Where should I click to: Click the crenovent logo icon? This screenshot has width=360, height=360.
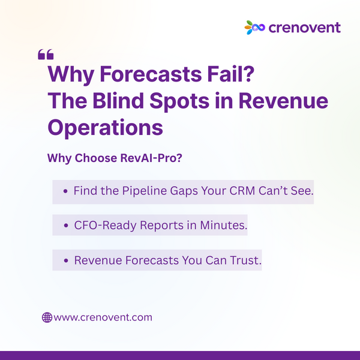pyautogui.click(x=254, y=28)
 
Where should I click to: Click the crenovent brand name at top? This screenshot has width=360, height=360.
pyautogui.click(x=304, y=28)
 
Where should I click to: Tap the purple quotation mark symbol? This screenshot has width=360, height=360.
pyautogui.click(x=46, y=55)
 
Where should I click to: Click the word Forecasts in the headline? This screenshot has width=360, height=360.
pyautogui.click(x=151, y=74)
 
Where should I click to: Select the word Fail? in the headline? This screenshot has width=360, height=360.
pyautogui.click(x=231, y=74)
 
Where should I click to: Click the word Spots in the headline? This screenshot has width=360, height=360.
pyautogui.click(x=179, y=101)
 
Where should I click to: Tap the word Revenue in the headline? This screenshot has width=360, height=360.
pyautogui.click(x=283, y=101)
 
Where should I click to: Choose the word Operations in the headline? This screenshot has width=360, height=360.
pyautogui.click(x=106, y=128)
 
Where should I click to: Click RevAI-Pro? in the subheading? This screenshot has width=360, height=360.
pyautogui.click(x=151, y=158)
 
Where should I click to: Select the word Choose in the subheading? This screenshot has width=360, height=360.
pyautogui.click(x=96, y=158)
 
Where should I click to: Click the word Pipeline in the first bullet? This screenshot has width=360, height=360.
pyautogui.click(x=144, y=191)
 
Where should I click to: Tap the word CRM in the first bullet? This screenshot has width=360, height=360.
pyautogui.click(x=242, y=191)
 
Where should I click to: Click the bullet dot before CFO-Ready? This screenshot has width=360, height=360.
pyautogui.click(x=66, y=226)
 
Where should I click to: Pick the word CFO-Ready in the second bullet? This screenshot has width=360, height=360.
pyautogui.click(x=105, y=225)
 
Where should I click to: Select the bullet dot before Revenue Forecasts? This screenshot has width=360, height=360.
pyautogui.click(x=66, y=261)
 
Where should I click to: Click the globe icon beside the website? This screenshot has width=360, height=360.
pyautogui.click(x=47, y=317)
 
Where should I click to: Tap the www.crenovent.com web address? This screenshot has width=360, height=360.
pyautogui.click(x=103, y=317)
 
